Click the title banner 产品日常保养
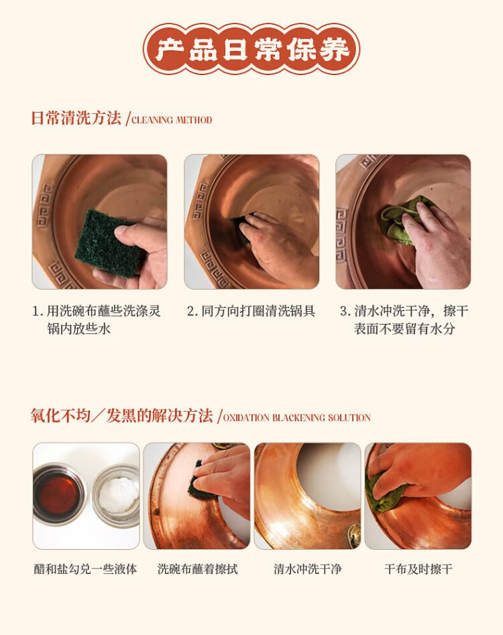[251, 50]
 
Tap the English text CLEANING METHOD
[172, 120]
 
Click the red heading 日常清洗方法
[76, 118]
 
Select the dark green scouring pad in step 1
[109, 242]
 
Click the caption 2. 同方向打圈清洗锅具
[251, 311]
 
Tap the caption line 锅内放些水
[78, 329]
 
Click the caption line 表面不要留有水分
[404, 329]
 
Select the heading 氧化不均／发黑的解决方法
[122, 416]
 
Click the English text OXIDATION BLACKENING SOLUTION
[297, 418]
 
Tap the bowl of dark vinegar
[60, 494]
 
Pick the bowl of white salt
[117, 496]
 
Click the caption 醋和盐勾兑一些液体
[85, 569]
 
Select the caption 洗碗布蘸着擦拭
[197, 569]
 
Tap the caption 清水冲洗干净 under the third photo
[307, 569]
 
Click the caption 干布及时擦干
[418, 569]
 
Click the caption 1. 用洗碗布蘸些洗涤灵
[97, 311]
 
